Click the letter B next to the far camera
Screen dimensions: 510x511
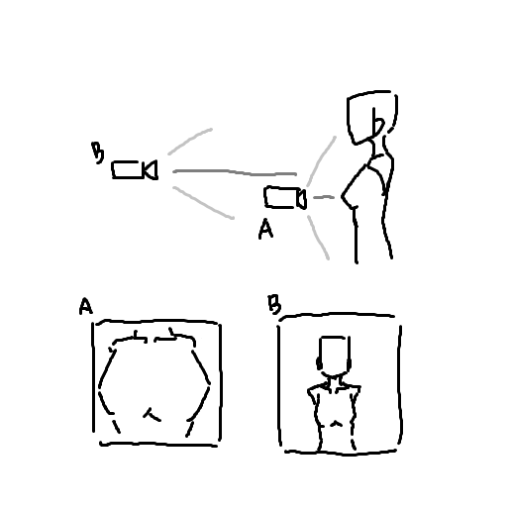98,153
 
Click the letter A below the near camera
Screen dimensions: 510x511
265,229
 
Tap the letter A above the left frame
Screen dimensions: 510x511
86,306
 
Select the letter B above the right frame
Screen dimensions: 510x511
274,304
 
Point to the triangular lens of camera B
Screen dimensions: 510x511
151,170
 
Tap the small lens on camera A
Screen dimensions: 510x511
302,199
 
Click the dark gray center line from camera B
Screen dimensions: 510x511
235,172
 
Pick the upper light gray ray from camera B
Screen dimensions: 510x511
190,140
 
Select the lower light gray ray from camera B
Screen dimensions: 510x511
203,203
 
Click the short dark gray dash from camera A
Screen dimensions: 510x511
324,197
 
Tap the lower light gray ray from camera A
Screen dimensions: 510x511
319,238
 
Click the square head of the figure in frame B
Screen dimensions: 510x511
334,355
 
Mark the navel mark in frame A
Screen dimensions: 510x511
152,415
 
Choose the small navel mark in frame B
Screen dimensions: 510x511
337,423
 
